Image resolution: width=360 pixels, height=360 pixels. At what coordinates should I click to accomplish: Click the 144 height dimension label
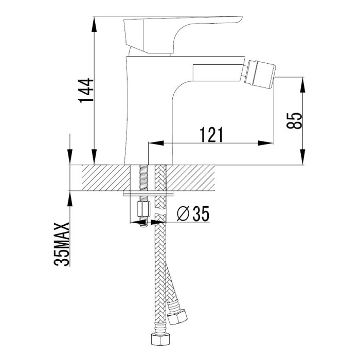pyautogui.click(x=86, y=91)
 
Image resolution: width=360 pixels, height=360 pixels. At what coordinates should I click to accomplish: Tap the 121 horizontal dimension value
pyautogui.click(x=211, y=134)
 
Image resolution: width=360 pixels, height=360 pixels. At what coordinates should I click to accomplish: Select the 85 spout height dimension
pyautogui.click(x=294, y=121)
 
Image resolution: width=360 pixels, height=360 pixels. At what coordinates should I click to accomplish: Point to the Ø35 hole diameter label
pyautogui.click(x=193, y=213)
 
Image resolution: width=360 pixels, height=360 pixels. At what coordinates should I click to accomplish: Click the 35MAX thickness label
pyautogui.click(x=62, y=244)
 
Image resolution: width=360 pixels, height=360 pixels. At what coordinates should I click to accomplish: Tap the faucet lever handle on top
pyautogui.click(x=183, y=35)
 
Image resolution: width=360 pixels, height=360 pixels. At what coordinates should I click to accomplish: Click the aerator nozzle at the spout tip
pyautogui.click(x=261, y=74)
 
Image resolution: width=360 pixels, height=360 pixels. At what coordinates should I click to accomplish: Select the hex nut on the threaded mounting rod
pyautogui.click(x=143, y=209)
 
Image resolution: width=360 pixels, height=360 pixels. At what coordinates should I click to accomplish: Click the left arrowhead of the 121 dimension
pyautogui.click(x=156, y=143)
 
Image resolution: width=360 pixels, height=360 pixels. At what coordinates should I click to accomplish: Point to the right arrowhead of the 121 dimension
pyautogui.click(x=266, y=143)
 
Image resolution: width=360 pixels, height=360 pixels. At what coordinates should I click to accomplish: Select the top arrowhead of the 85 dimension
pyautogui.click(x=303, y=85)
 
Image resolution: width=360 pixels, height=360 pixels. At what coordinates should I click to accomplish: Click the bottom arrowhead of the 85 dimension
pyautogui.click(x=303, y=157)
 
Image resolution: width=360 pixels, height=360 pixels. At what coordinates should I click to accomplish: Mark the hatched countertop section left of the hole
pyautogui.click(x=106, y=178)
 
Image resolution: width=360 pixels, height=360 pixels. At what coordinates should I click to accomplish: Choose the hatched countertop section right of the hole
pyautogui.click(x=190, y=178)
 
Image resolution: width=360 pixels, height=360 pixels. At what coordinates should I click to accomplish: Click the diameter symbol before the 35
pyautogui.click(x=183, y=213)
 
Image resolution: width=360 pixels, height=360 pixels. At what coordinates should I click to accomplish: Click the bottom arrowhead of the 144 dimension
pyautogui.click(x=94, y=157)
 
